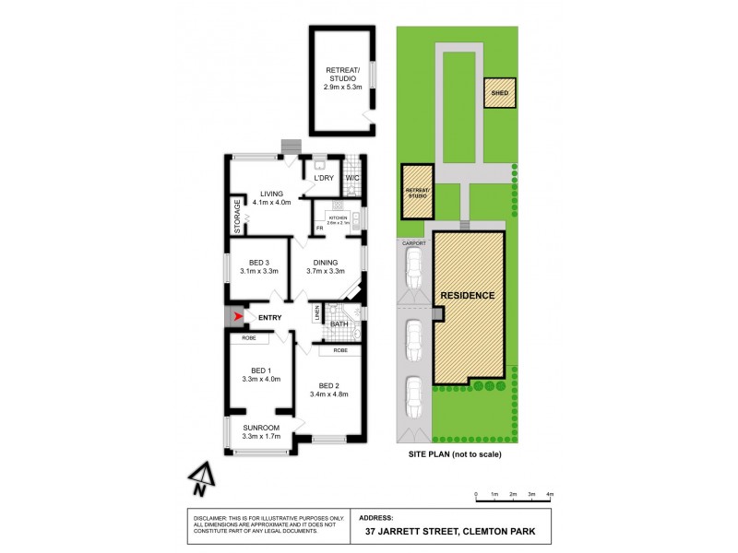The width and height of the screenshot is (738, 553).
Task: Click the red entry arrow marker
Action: click(240, 317)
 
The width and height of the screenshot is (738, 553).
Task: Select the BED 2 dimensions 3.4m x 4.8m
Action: click(331, 395)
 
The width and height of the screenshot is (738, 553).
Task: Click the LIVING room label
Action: click(271, 193)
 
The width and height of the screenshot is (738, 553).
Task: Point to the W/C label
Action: click(351, 178)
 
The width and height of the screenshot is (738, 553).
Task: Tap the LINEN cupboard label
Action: click(317, 313)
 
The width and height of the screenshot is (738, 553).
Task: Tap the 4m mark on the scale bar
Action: click(551, 496)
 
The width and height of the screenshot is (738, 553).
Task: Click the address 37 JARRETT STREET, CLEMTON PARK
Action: click(456, 533)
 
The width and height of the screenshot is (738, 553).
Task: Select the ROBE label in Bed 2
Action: click(340, 350)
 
